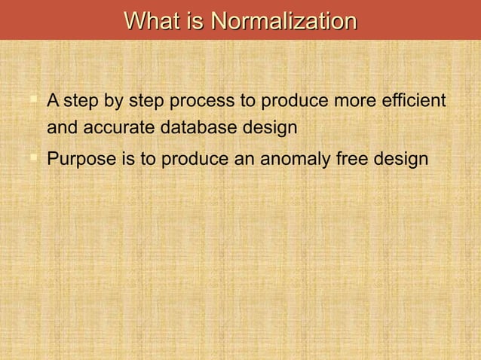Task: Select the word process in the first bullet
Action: pos(207,100)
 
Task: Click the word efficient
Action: pos(413,100)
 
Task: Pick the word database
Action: pos(199,128)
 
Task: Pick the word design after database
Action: pos(269,128)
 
